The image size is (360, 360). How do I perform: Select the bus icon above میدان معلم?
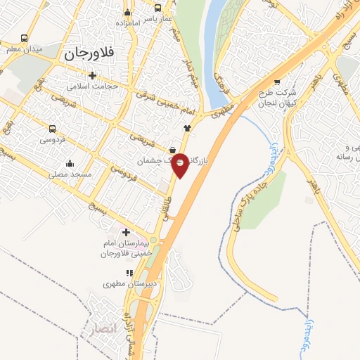tap(25, 39)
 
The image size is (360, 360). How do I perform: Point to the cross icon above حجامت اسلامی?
tap(92, 75)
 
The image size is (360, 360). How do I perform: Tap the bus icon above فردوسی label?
tap(52, 129)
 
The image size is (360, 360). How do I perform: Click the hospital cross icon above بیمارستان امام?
tap(127, 233)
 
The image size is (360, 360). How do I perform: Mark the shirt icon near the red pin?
tap(186, 128)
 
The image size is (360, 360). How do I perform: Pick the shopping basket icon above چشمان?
tap(172, 149)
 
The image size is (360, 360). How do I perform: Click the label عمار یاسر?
tap(158, 20)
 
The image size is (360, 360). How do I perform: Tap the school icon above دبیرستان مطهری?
tap(129, 273)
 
